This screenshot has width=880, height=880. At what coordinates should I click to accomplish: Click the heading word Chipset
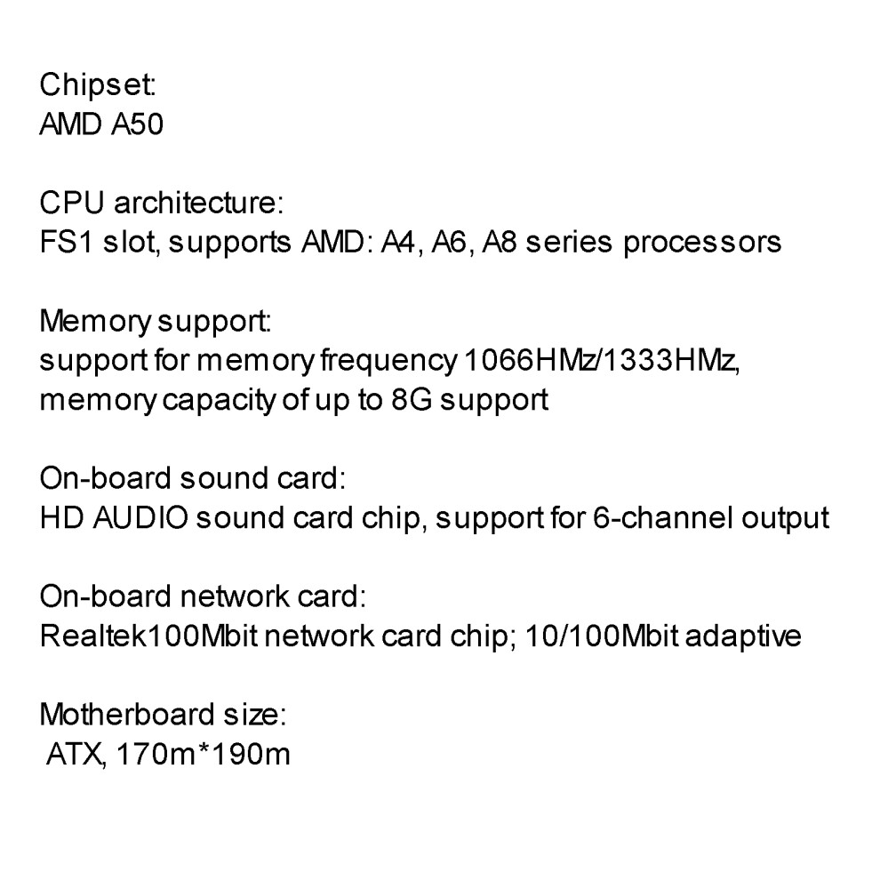tap(98, 86)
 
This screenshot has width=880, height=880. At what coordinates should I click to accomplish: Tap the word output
tap(786, 516)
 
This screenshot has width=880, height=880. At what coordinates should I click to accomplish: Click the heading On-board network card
tap(203, 595)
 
